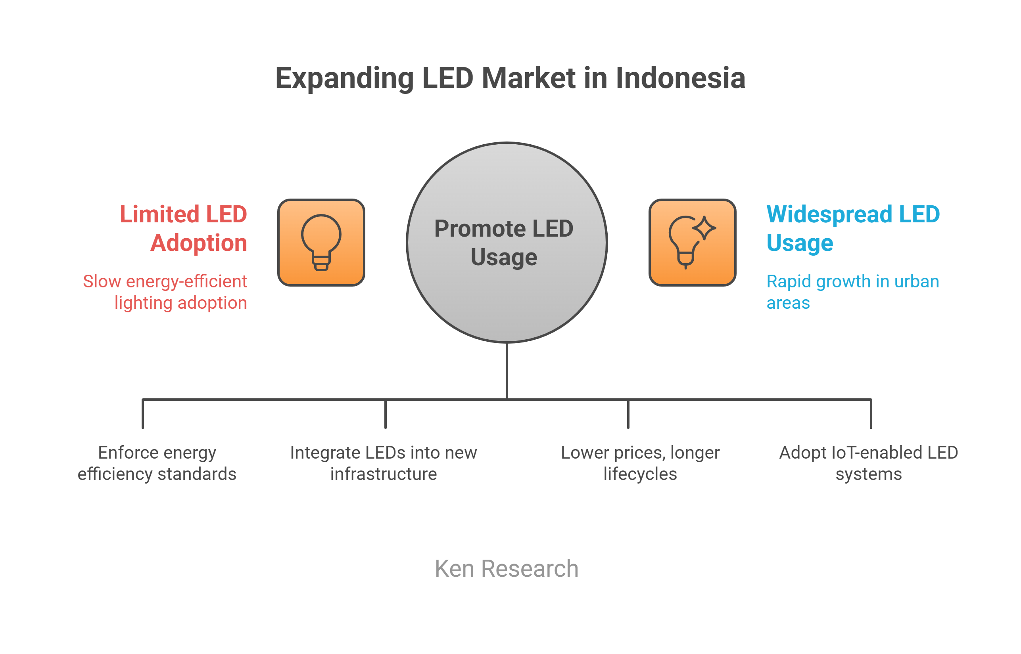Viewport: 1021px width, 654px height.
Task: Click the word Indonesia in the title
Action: (x=680, y=78)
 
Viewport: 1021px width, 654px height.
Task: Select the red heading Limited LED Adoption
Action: (x=183, y=228)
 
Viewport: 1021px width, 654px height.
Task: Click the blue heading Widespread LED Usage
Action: (x=853, y=228)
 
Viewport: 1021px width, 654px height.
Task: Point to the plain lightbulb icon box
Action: (x=321, y=243)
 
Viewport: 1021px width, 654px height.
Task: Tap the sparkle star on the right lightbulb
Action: (x=704, y=228)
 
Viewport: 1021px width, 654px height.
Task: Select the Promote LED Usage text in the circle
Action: (x=504, y=243)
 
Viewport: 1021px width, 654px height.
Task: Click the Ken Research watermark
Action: (x=507, y=568)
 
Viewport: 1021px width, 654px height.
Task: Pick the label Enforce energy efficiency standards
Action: (x=157, y=463)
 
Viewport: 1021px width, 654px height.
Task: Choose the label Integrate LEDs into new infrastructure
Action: (x=383, y=463)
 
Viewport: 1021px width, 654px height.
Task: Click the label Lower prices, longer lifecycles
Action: (x=640, y=463)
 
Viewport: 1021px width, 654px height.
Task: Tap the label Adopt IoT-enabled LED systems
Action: (x=868, y=463)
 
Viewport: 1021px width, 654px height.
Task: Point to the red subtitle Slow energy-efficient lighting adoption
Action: (x=165, y=292)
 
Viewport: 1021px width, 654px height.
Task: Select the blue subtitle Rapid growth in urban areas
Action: (x=853, y=292)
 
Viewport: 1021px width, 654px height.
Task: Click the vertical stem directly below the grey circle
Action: (x=507, y=371)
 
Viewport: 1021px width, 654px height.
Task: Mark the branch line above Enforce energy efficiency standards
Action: (x=143, y=414)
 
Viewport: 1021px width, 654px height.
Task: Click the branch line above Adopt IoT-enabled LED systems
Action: (x=871, y=414)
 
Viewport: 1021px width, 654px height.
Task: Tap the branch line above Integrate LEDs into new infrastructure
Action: (x=386, y=414)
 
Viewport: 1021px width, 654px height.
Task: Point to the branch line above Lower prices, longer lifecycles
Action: (x=628, y=414)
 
